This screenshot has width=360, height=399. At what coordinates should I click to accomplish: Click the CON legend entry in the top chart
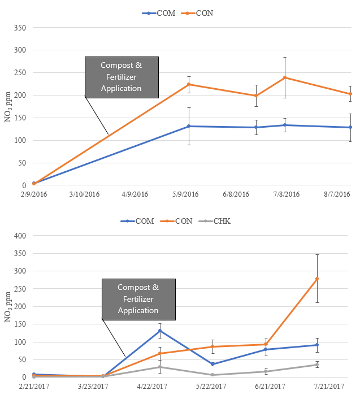(x=201, y=13)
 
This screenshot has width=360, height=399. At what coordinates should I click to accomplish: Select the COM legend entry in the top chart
(x=160, y=13)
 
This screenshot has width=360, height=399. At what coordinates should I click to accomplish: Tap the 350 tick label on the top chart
(x=20, y=28)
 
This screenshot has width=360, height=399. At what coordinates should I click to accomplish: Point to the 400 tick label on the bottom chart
(x=20, y=236)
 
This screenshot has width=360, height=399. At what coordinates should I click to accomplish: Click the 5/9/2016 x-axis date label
(x=185, y=194)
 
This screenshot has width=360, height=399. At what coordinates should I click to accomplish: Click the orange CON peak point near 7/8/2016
(x=285, y=77)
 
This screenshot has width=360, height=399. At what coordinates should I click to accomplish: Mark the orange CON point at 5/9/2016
(x=189, y=84)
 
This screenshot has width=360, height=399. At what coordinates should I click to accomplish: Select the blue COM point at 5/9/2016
(x=189, y=126)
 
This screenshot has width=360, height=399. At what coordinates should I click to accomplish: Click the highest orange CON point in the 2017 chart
(x=317, y=279)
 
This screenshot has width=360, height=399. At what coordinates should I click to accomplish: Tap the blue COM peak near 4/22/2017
(x=160, y=331)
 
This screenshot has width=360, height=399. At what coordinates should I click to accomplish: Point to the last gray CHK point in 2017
(x=317, y=365)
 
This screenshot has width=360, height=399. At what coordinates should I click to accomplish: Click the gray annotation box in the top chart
(x=122, y=77)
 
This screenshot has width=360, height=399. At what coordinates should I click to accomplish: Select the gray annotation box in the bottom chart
(x=138, y=299)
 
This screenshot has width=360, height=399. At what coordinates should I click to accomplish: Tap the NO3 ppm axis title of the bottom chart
(x=8, y=308)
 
